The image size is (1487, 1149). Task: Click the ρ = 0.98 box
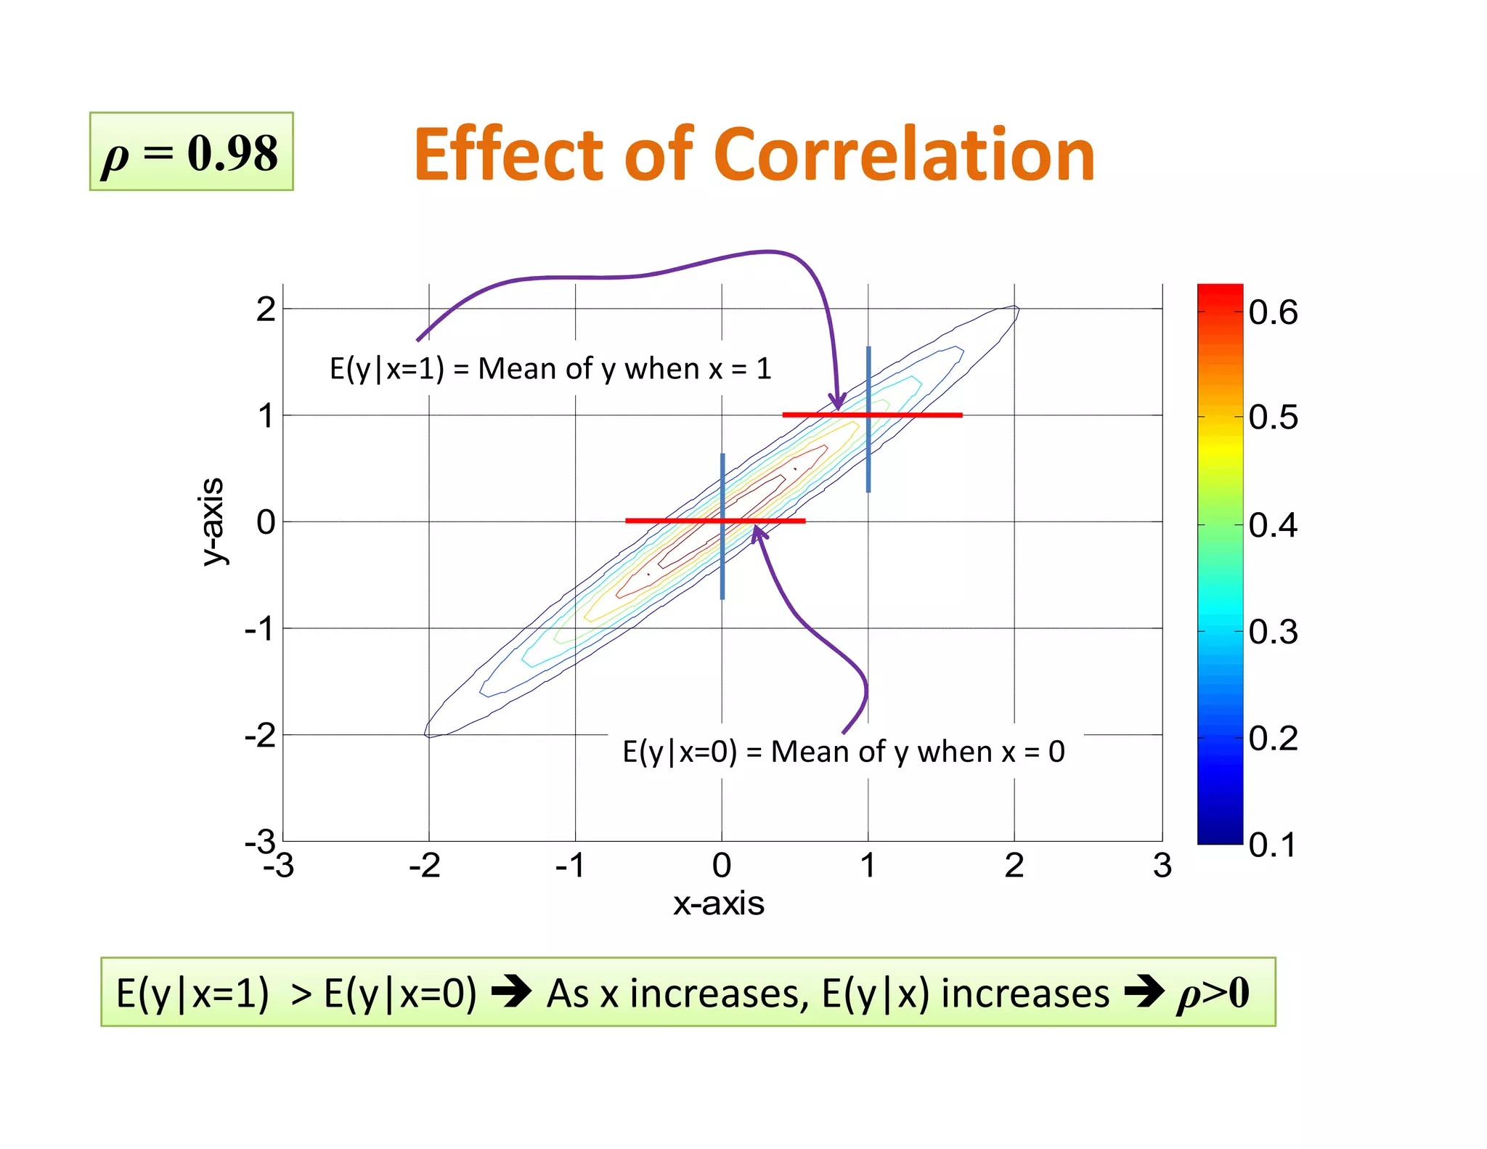click(191, 152)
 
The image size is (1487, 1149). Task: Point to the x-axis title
click(718, 904)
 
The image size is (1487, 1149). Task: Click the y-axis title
click(212, 521)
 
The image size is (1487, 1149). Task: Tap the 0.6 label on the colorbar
click(1273, 312)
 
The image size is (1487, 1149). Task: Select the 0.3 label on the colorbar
click(1273, 631)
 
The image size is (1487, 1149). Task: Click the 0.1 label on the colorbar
click(1272, 845)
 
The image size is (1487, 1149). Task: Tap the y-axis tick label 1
click(266, 416)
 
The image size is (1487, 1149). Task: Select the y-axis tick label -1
click(260, 628)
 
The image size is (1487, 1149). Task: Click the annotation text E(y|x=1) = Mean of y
click(550, 369)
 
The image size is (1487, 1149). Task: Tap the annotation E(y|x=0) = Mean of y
click(843, 752)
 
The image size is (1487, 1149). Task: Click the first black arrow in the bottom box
click(511, 992)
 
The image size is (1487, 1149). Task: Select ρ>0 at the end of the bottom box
click(1213, 993)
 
